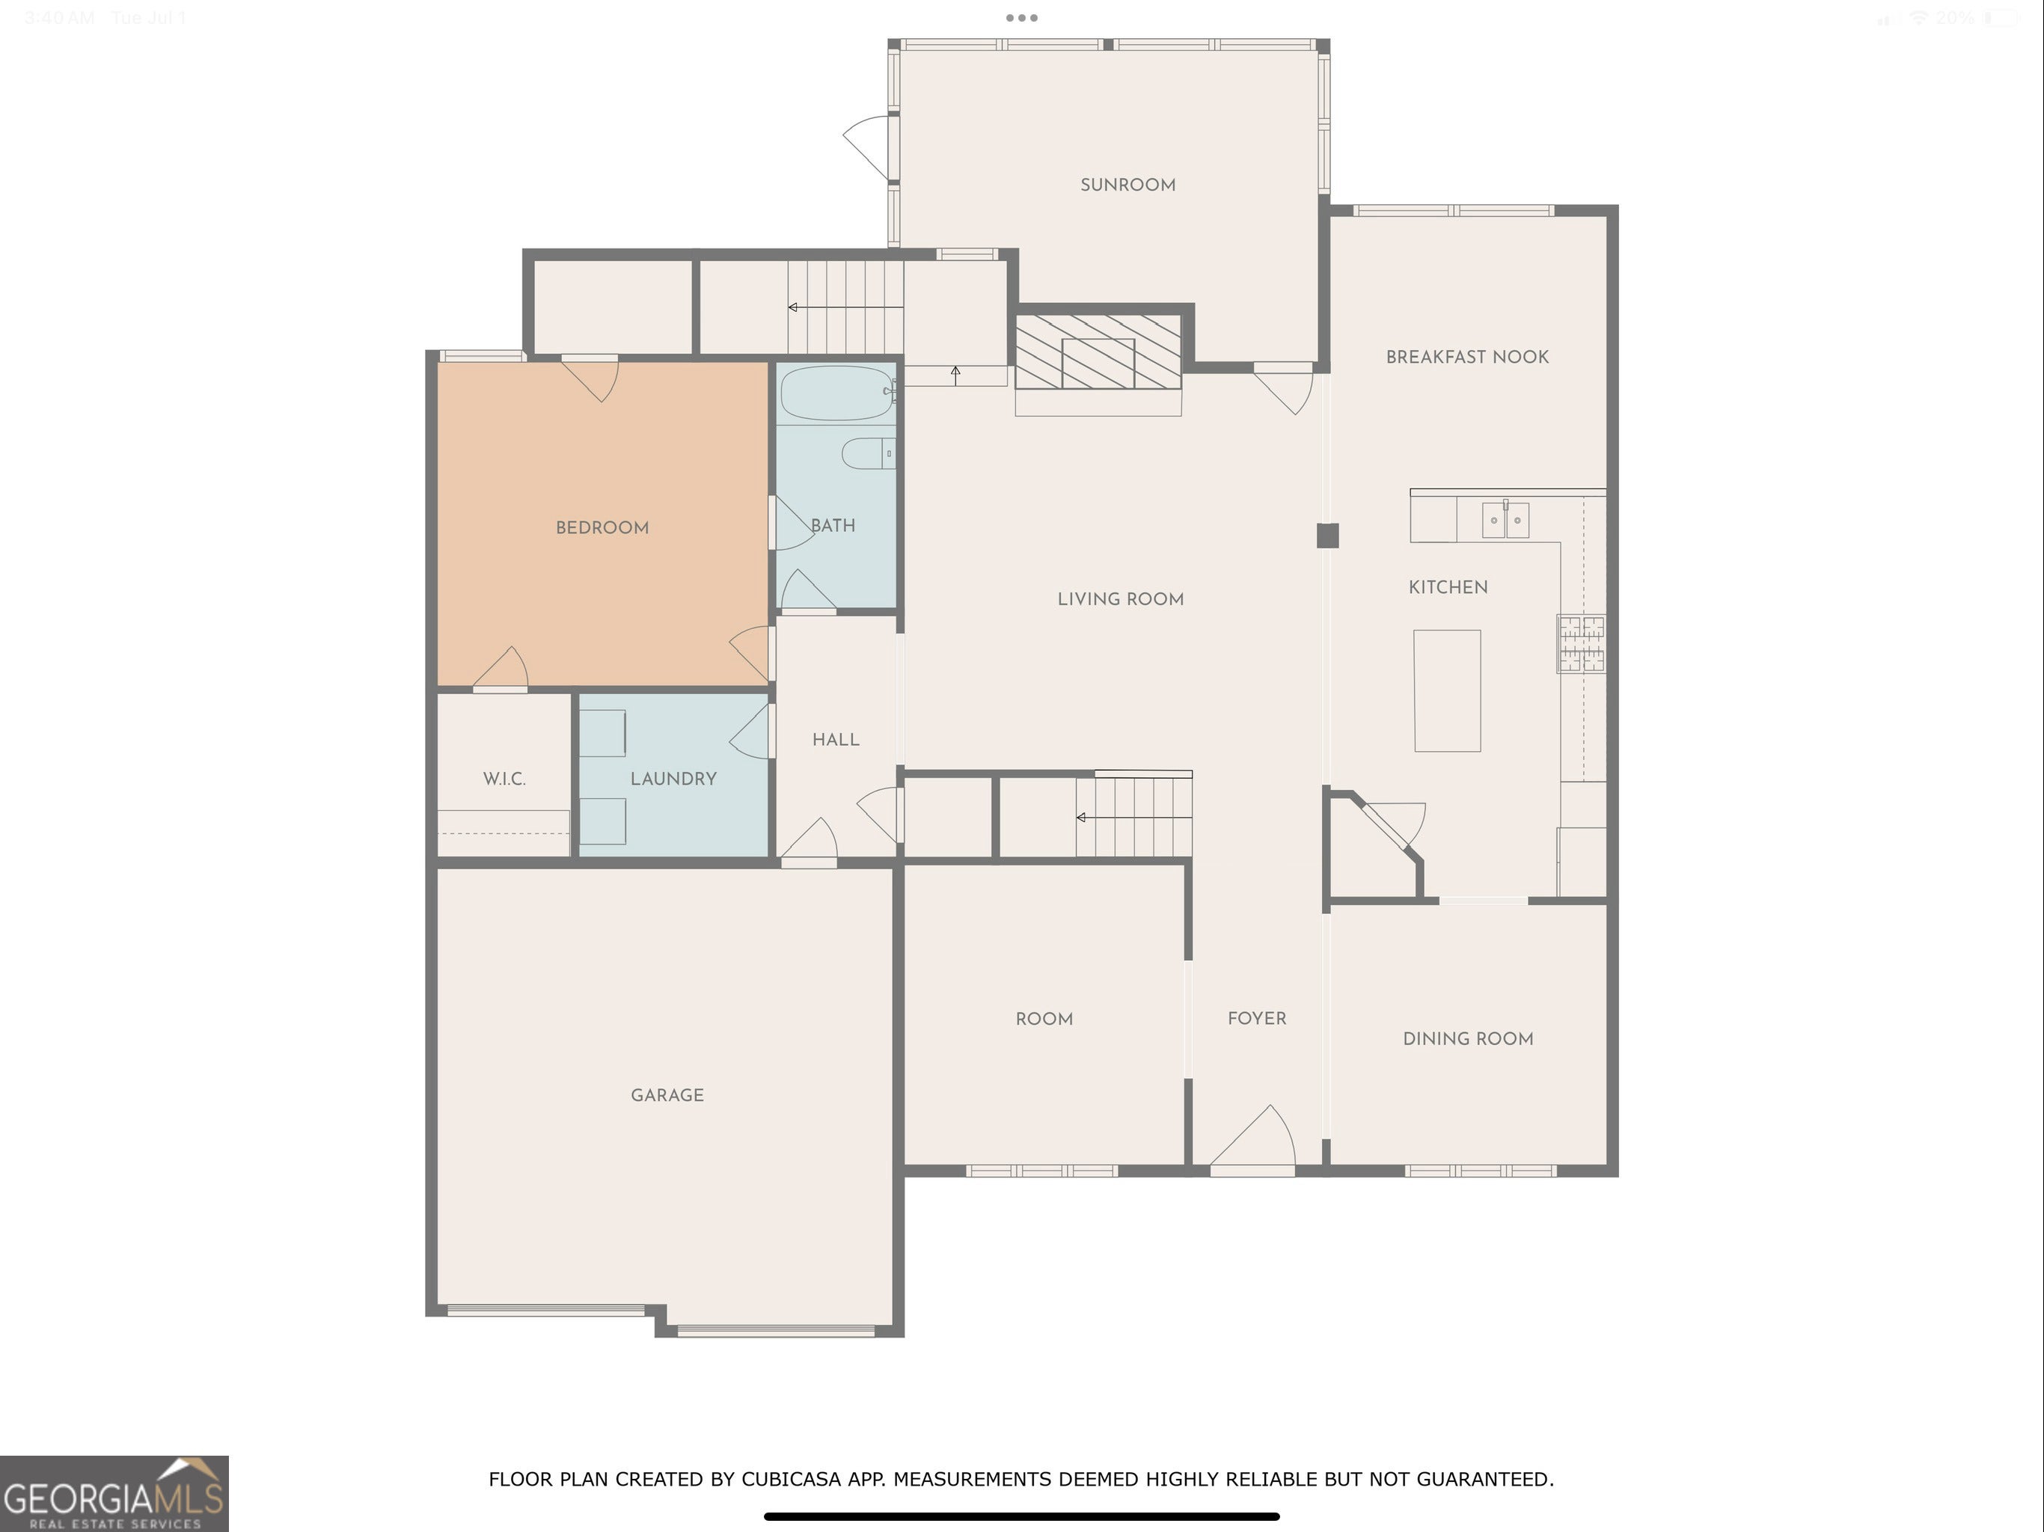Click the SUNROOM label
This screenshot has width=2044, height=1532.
pos(1127,185)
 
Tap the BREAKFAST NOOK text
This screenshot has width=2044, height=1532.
pos(1467,357)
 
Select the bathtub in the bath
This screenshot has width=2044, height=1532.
pos(836,393)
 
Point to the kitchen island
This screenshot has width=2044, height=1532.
pos(1447,690)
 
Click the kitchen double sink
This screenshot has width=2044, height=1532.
pos(1505,519)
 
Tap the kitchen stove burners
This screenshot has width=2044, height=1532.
pos(1581,643)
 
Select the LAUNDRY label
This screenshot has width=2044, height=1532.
pos(673,779)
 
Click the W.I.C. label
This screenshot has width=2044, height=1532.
pos(504,779)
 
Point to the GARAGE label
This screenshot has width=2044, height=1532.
pos(667,1095)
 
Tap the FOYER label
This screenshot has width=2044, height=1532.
pos(1257,1018)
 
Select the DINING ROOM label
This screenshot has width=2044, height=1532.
pos(1469,1038)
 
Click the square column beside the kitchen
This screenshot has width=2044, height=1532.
pos(1328,536)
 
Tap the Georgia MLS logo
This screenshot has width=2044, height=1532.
pos(114,1494)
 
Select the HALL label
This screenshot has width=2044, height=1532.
pos(836,739)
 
